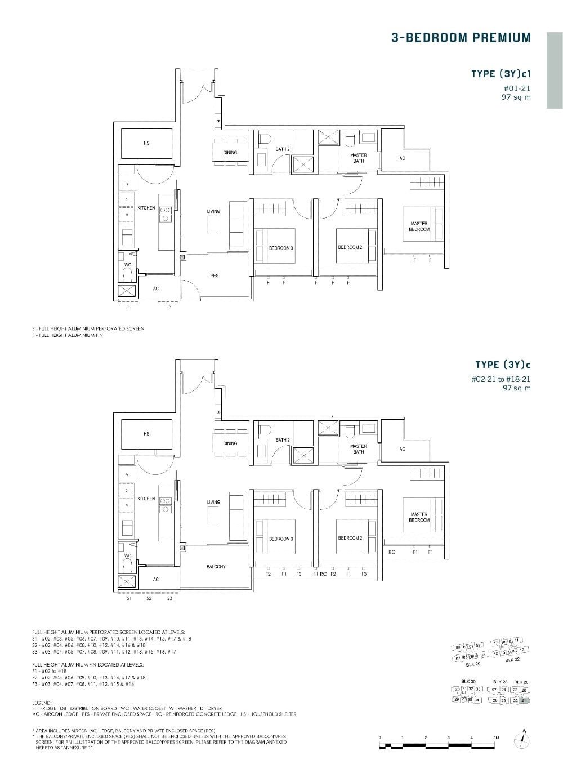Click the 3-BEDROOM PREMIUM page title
(x=461, y=38)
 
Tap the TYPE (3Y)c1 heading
(x=501, y=74)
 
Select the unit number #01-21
(x=517, y=88)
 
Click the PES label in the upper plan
(x=215, y=276)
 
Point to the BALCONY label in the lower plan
(x=216, y=567)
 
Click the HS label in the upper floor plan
(x=146, y=143)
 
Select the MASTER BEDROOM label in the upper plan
(x=419, y=226)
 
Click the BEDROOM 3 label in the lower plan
(x=281, y=539)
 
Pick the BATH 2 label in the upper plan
(x=283, y=149)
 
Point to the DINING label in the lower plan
(x=230, y=443)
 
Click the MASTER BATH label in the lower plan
(x=358, y=449)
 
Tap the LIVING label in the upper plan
(x=213, y=211)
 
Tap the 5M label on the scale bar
(x=496, y=737)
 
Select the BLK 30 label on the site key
(x=468, y=681)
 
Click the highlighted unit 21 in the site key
(x=525, y=700)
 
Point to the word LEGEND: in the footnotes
(x=42, y=703)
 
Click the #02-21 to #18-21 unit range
(x=501, y=379)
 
